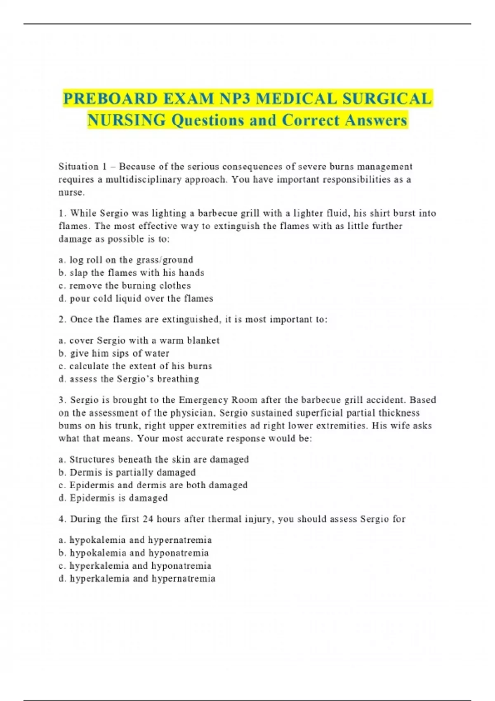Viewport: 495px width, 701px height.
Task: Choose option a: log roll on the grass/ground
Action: [x=126, y=260]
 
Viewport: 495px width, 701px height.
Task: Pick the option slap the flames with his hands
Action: [x=132, y=273]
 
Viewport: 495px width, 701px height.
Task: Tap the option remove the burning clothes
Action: [x=125, y=285]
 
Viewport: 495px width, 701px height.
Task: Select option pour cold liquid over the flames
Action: [x=136, y=298]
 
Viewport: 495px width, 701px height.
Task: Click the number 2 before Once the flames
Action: [x=61, y=320]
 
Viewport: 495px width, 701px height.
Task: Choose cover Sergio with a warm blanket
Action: [x=139, y=341]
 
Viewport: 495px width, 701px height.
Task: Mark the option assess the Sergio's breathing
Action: [x=129, y=379]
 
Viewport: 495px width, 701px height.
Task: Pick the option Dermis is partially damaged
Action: [x=127, y=472]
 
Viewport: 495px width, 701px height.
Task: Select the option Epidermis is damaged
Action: [x=113, y=498]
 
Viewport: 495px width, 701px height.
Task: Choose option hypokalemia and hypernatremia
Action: [x=135, y=540]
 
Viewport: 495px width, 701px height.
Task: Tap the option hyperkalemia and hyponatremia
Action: [x=135, y=566]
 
